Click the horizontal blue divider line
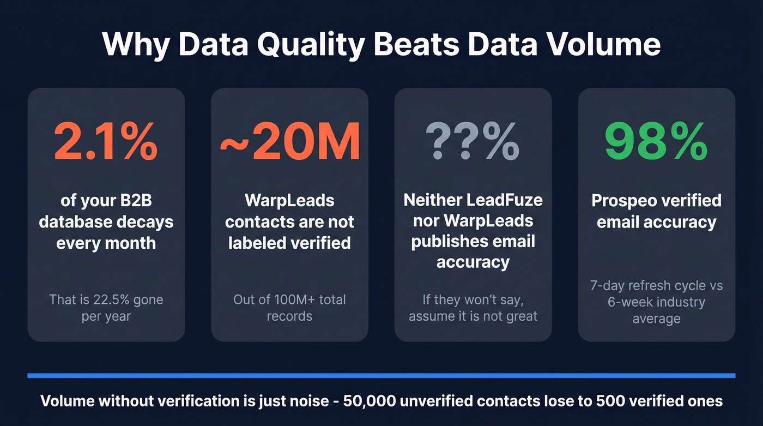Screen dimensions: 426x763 point(381,375)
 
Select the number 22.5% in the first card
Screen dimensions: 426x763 point(112,299)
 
